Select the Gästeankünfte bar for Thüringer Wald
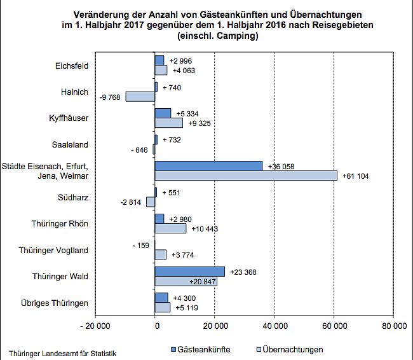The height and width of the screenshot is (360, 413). coord(189,272)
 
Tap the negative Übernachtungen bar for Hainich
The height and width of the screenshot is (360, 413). coord(140,97)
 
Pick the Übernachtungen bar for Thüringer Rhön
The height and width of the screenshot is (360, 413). coord(170,228)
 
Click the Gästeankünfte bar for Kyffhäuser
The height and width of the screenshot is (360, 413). coord(163,113)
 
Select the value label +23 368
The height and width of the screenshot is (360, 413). coord(243,272)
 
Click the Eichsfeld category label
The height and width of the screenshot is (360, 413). coord(72,66)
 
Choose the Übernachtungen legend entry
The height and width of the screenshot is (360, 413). coord(288,349)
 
